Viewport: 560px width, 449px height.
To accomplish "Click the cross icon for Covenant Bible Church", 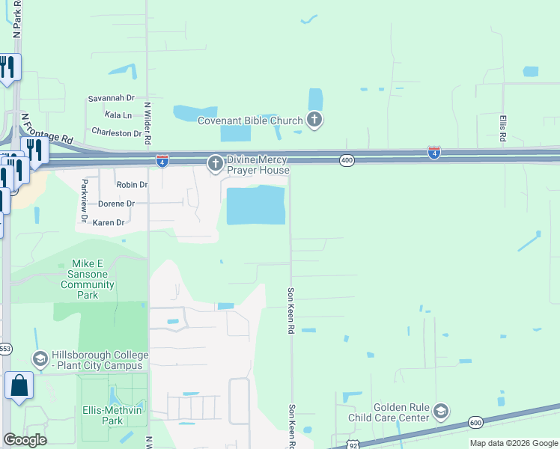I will pos(314,120).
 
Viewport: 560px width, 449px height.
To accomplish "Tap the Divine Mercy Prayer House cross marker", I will pos(216,164).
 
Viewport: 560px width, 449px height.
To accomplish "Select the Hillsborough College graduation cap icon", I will pos(40,360).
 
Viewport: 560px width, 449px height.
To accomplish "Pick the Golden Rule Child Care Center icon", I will pos(441,412).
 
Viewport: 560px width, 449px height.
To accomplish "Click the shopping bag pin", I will pos(19,385).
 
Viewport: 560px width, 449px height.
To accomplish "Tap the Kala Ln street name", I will pos(118,115).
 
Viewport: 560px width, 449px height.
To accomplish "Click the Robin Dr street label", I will pos(132,184).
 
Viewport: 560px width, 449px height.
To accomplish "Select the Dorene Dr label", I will pos(117,204).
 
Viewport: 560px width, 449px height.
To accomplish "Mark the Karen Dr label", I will pos(109,222).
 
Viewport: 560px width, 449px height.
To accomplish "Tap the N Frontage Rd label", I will pos(46,129).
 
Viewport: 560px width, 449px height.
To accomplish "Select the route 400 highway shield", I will pos(346,159).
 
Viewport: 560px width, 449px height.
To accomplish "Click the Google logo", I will pos(25,439).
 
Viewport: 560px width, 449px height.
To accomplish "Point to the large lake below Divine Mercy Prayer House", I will pos(255,205).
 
